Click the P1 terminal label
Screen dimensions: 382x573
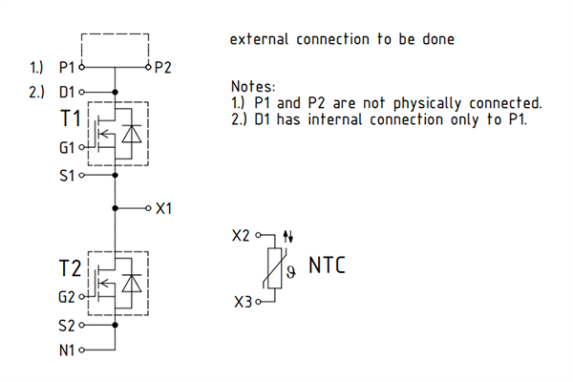[x=67, y=69]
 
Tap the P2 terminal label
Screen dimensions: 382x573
[x=163, y=69]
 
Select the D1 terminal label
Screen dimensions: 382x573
[x=67, y=93]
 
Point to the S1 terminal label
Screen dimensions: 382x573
[x=67, y=177]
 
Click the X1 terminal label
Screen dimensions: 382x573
[x=163, y=207]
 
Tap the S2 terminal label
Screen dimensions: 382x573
[x=67, y=326]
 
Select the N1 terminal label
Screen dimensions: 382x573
[x=67, y=350]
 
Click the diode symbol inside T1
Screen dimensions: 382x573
[x=132, y=135]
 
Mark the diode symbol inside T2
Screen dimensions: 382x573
[x=132, y=284]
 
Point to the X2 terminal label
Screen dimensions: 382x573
[x=243, y=235]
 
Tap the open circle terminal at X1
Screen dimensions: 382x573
[x=147, y=207]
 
